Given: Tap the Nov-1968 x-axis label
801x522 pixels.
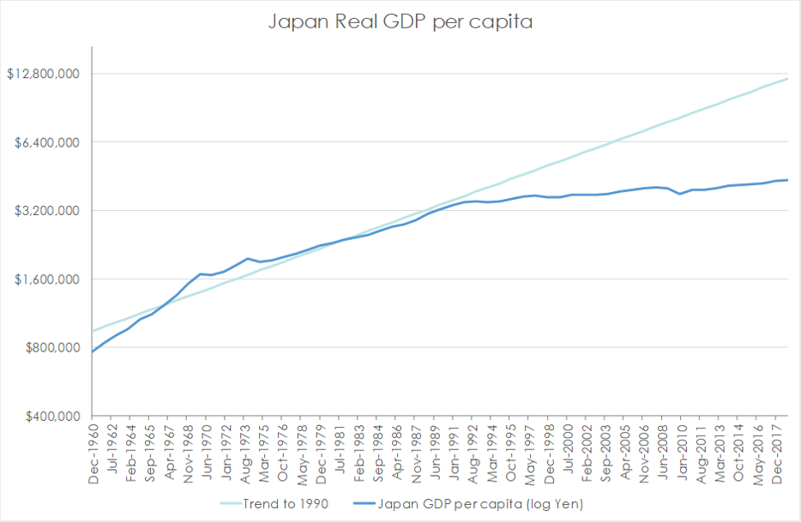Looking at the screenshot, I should click(188, 452).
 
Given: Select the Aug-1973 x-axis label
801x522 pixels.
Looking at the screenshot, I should click(245, 452).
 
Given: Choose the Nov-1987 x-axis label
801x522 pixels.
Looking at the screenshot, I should click(416, 452).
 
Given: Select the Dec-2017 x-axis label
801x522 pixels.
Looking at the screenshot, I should click(777, 452).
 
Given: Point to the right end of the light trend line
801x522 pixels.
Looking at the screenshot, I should click(787, 79).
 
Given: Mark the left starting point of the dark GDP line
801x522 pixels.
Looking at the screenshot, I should click(93, 351).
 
